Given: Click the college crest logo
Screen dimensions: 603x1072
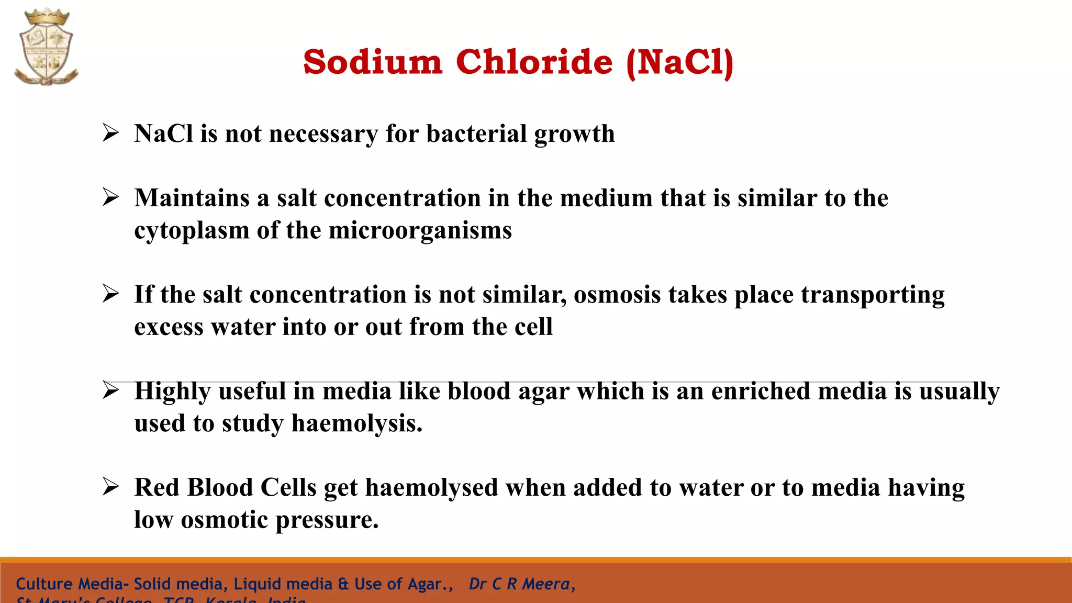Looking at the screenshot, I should [46, 47].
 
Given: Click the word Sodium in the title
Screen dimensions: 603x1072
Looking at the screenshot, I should [373, 62].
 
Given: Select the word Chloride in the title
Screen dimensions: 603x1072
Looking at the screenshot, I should [534, 62].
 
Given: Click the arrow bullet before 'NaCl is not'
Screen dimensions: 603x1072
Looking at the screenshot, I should [110, 132].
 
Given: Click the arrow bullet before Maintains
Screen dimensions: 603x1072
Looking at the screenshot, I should [110, 197].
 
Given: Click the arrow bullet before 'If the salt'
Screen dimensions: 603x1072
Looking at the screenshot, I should [110, 293].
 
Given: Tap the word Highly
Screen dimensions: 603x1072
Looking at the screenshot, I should [172, 392].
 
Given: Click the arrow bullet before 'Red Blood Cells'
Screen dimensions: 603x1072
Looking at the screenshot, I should [110, 486].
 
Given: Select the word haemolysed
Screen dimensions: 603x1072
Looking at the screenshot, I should [431, 488].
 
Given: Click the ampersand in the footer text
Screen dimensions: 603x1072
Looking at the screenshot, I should [343, 584].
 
